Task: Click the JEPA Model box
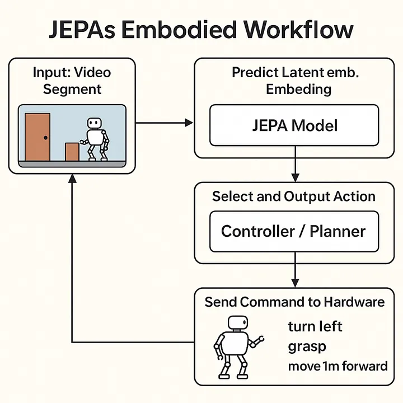294,125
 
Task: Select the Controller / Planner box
294,231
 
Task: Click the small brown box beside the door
72,151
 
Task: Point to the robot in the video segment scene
96,139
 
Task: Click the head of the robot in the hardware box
237,324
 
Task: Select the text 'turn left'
315,326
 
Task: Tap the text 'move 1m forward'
338,366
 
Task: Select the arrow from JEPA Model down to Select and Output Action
294,168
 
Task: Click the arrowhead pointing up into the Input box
72,179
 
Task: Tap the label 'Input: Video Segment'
72,81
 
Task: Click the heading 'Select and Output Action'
294,196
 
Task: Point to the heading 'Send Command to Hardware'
294,302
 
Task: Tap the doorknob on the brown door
45,138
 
